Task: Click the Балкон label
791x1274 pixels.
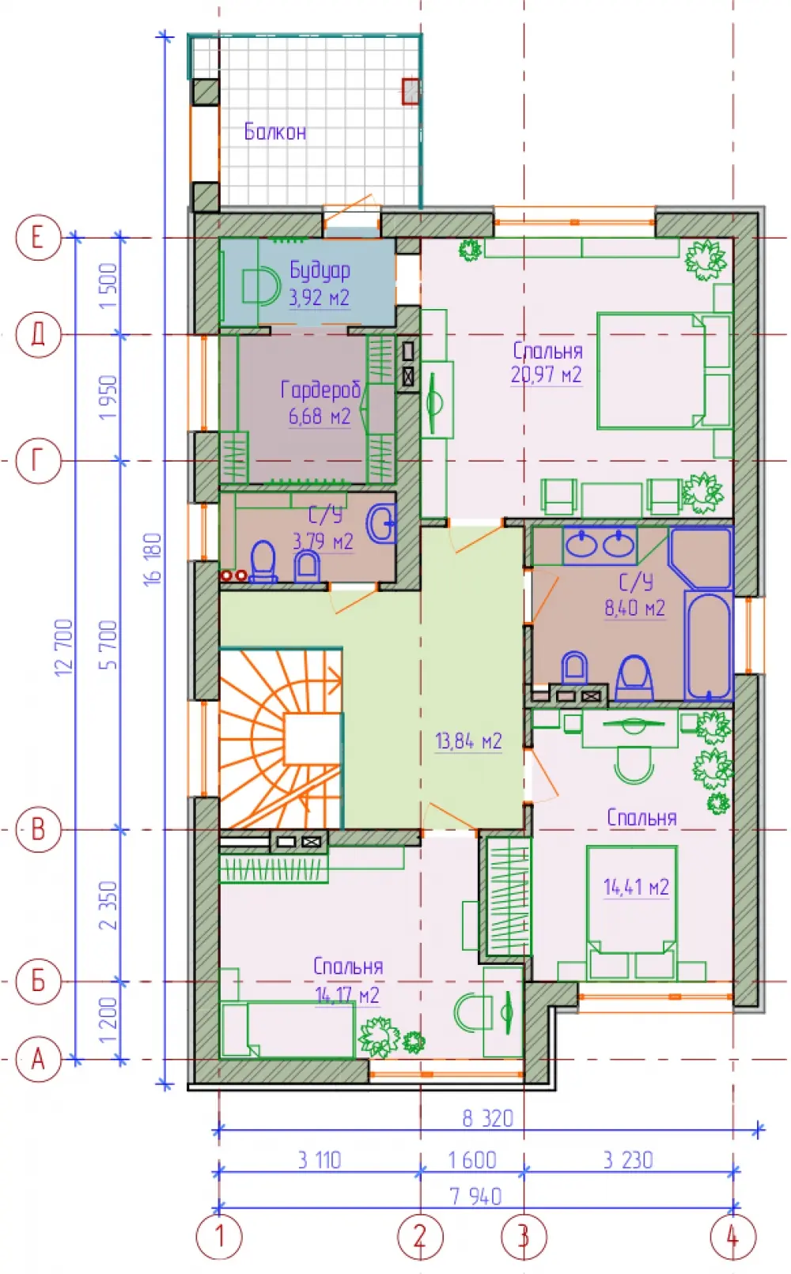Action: point(274,132)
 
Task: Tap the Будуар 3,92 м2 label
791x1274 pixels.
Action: point(320,284)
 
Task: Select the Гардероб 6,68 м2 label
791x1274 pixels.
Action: point(320,403)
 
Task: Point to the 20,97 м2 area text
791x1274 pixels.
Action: point(547,375)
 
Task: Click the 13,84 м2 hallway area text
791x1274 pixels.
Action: point(468,741)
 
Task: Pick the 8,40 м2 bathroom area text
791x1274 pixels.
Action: point(634,608)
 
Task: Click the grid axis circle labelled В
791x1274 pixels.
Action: point(38,829)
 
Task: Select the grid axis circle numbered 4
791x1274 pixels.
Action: point(733,1237)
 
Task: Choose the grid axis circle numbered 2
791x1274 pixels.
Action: point(420,1237)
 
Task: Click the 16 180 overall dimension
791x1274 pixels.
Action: point(153,560)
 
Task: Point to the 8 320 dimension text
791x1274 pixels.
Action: point(488,1118)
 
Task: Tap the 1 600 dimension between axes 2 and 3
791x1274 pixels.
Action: point(471,1160)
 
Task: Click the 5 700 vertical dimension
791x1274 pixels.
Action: point(108,644)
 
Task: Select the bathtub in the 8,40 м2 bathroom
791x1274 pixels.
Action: point(708,645)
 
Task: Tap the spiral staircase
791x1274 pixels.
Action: point(281,737)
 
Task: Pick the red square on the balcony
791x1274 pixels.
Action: point(411,91)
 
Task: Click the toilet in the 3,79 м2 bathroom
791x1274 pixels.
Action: point(263,562)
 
